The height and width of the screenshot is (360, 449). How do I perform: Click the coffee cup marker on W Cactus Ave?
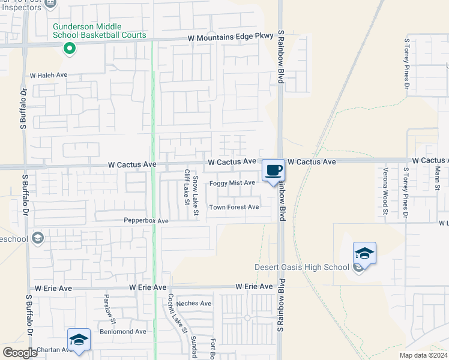tap(273, 170)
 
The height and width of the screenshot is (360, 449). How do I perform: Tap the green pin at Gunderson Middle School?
tap(70, 49)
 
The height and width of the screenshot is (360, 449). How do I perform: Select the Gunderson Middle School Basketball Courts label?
tap(99, 31)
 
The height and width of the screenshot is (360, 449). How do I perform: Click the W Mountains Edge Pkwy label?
tap(231, 38)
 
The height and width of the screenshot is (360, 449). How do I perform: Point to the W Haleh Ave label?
tap(49, 76)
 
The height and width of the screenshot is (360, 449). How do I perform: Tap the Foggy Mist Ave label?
tap(232, 183)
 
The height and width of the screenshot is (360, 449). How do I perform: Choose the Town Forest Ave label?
tap(234, 208)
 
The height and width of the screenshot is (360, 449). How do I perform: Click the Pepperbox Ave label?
tap(146, 221)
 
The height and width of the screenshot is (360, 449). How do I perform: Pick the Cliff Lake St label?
tap(187, 187)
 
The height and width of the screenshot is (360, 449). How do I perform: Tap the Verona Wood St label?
tap(385, 191)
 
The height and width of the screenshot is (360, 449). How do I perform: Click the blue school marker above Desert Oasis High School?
tap(364, 253)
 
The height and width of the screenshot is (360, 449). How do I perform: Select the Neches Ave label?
tap(194, 304)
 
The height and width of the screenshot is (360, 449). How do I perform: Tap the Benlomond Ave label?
tap(123, 331)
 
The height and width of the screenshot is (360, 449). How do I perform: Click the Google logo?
tap(20, 353)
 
